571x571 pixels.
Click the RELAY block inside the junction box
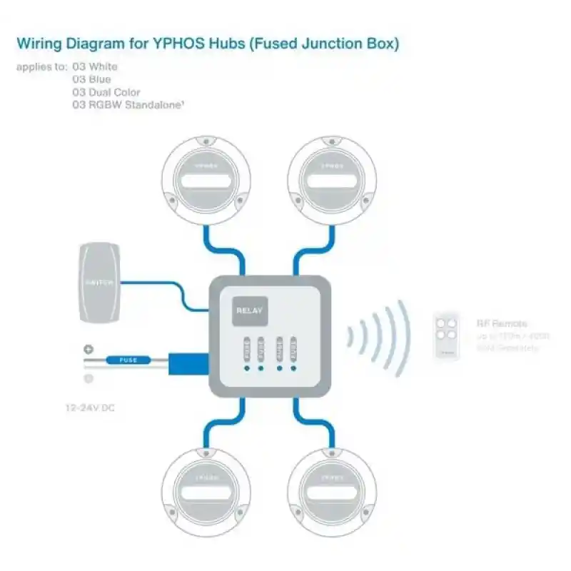click(x=250, y=310)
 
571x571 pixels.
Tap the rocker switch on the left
click(x=99, y=282)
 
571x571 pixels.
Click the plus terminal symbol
click(x=89, y=350)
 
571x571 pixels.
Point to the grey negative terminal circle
click(x=89, y=378)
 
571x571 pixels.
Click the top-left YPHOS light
click(x=206, y=179)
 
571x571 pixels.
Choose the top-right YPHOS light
click(x=333, y=179)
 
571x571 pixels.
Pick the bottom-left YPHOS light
click(x=206, y=491)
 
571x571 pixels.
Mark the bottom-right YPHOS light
click(x=333, y=491)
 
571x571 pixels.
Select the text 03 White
click(x=95, y=66)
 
